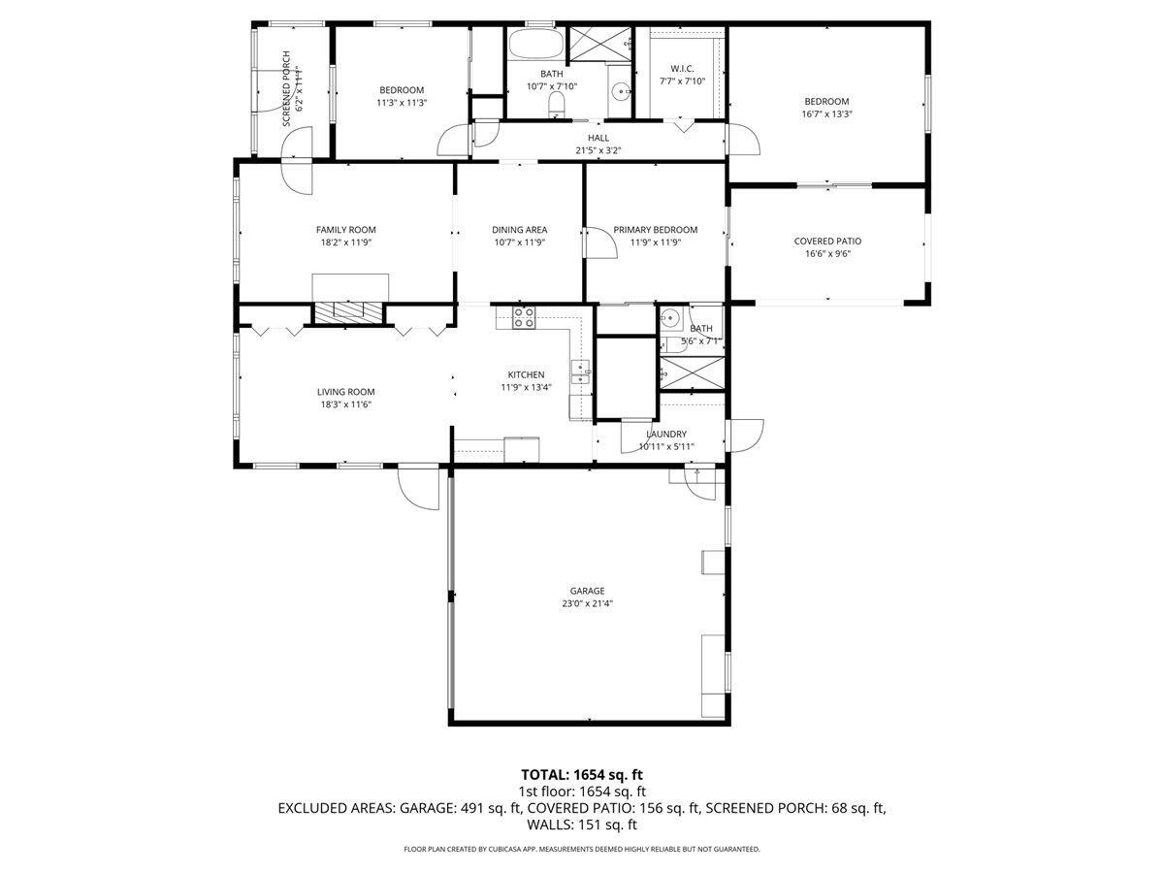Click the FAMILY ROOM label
click(345, 230)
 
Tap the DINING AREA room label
click(519, 230)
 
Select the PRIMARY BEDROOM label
click(655, 230)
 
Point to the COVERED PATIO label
click(827, 242)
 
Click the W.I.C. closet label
click(681, 69)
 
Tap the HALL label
click(598, 138)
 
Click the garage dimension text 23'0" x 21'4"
click(587, 603)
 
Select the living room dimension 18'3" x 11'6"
click(345, 404)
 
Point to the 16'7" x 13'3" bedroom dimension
click(826, 113)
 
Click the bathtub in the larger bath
click(534, 45)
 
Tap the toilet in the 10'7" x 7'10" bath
click(557, 104)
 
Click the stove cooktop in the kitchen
click(524, 317)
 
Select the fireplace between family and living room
click(349, 311)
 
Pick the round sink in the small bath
click(670, 318)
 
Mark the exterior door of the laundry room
click(744, 435)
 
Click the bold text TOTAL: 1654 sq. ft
click(582, 774)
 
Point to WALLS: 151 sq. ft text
click(582, 825)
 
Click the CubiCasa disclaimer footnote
click(582, 849)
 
